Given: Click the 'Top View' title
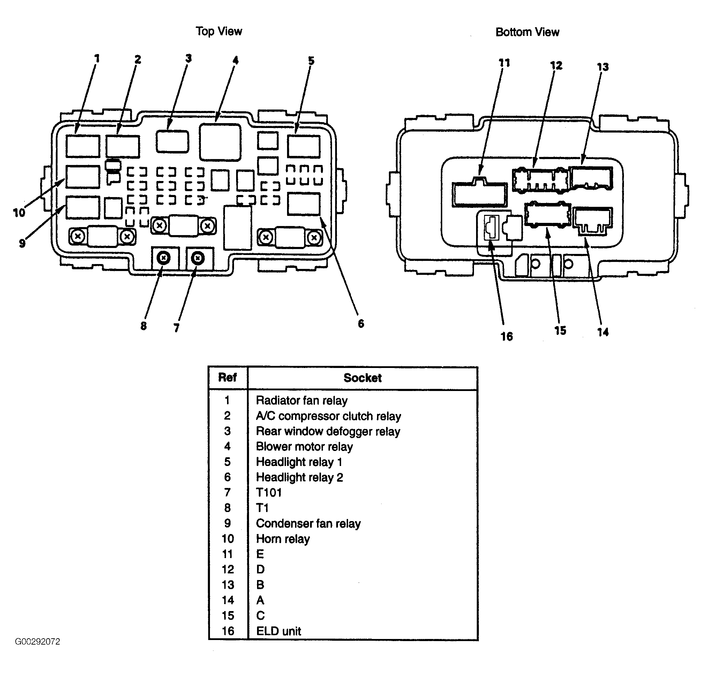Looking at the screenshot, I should pyautogui.click(x=219, y=31).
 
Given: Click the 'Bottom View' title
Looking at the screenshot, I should pyautogui.click(x=527, y=32).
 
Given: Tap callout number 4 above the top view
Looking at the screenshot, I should pyautogui.click(x=235, y=60).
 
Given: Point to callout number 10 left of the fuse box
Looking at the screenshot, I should pyautogui.click(x=19, y=212).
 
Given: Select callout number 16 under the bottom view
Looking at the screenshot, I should pyautogui.click(x=506, y=336).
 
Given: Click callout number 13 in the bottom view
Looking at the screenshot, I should pyautogui.click(x=603, y=67).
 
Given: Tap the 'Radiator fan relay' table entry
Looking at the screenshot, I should pyautogui.click(x=302, y=400).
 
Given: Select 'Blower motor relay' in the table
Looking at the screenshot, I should pyautogui.click(x=304, y=447).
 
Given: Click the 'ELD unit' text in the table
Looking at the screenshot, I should pyautogui.click(x=279, y=631).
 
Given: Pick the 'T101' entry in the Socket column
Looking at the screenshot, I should pyautogui.click(x=269, y=492).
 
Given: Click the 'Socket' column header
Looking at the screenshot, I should pyautogui.click(x=362, y=378).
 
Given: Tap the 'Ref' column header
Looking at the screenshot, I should pyautogui.click(x=227, y=377).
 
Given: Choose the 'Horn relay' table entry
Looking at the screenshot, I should pyautogui.click(x=283, y=539).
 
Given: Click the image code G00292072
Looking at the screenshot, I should pyautogui.click(x=38, y=642).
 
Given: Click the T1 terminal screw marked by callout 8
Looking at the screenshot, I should pyautogui.click(x=164, y=258).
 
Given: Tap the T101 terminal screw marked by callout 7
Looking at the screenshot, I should pyautogui.click(x=198, y=258).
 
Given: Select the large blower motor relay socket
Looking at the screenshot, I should pyautogui.click(x=220, y=142).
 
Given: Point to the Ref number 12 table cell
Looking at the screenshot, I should pyautogui.click(x=228, y=570).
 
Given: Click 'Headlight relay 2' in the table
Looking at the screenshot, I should pyautogui.click(x=300, y=477).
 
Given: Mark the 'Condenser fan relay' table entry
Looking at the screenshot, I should pyautogui.click(x=308, y=524).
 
